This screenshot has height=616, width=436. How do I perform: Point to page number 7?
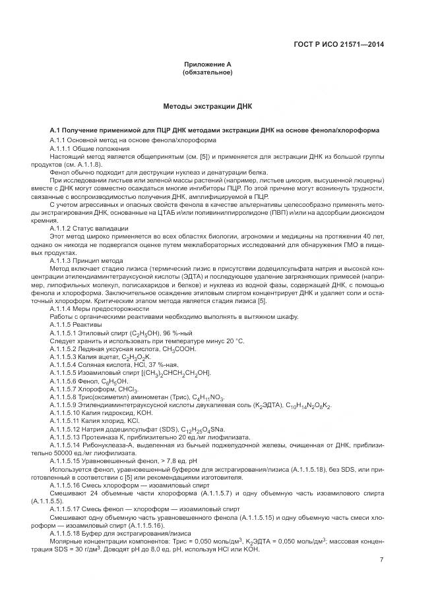(x=381, y=560)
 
